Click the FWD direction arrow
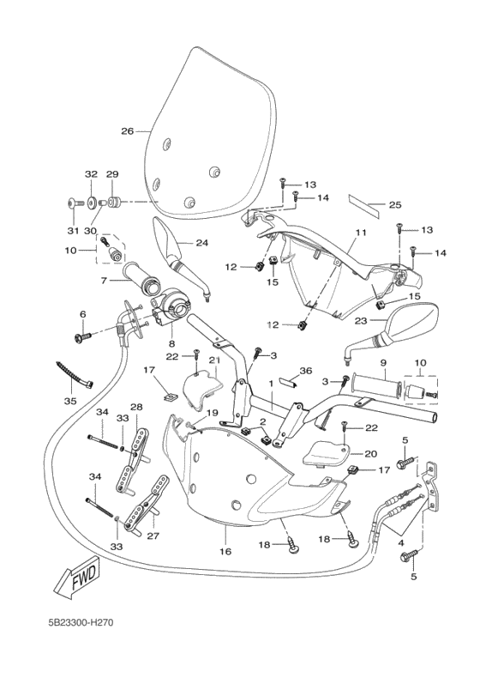(80, 578)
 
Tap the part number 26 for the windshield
(128, 130)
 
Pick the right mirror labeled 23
(389, 333)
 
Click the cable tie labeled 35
(74, 375)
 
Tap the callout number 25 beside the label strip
(395, 205)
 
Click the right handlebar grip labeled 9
(377, 384)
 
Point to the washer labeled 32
(91, 203)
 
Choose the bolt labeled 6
(83, 336)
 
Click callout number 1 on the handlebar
(271, 384)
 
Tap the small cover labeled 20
(328, 453)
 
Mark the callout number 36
(306, 371)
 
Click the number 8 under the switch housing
(172, 344)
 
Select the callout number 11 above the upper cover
(361, 233)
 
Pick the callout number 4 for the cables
(401, 542)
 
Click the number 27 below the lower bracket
(153, 536)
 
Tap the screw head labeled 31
(72, 203)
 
